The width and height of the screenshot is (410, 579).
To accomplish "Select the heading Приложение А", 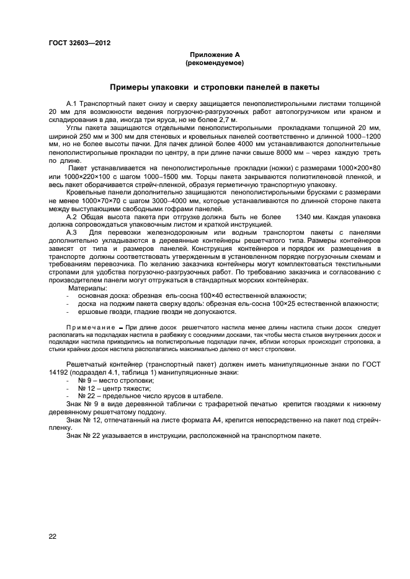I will pyautogui.click(x=215, y=55).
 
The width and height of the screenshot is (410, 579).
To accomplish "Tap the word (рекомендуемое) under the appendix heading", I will pyautogui.click(x=215, y=63).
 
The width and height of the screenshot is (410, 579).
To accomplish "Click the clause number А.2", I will pyautogui.click(x=71, y=216).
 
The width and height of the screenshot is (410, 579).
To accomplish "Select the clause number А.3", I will pyautogui.click(x=71, y=232).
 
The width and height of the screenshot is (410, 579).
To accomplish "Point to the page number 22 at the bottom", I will pyautogui.click(x=53, y=536).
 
